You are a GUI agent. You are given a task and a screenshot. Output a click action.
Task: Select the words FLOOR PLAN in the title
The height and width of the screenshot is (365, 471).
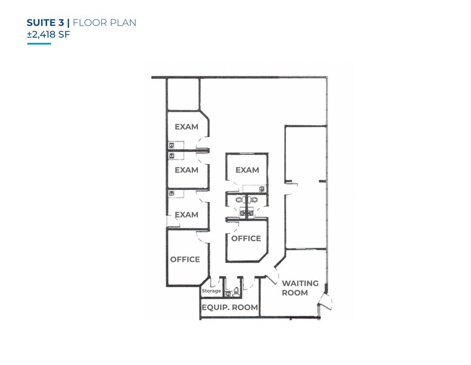(104, 23)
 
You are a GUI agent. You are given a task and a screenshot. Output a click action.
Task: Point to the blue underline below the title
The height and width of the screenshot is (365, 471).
(39, 43)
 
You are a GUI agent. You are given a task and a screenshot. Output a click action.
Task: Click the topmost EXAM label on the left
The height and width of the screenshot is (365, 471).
(186, 127)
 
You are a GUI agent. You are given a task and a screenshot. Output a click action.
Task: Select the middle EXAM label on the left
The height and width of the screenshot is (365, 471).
(186, 170)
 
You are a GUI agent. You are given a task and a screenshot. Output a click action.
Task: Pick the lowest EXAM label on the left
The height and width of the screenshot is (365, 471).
(186, 215)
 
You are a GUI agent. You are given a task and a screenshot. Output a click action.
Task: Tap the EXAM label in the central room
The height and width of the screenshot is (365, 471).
(247, 170)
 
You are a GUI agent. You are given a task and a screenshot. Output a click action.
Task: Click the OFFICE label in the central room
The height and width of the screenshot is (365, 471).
(246, 238)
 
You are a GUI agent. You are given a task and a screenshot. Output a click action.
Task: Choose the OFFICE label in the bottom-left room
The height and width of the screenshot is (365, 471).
(185, 259)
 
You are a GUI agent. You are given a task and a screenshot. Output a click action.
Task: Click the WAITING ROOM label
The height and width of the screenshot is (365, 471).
(300, 288)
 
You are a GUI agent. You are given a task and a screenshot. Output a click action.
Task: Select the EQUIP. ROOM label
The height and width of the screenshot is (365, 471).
(229, 307)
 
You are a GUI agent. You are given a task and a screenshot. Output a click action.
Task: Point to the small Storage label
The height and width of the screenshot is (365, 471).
(211, 291)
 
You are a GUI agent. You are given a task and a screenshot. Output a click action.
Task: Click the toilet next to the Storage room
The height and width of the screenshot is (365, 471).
(236, 291)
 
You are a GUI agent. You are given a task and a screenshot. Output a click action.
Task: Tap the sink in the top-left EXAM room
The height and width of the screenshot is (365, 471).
(171, 145)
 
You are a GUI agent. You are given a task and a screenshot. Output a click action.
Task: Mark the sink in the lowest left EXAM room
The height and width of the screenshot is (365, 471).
(171, 193)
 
